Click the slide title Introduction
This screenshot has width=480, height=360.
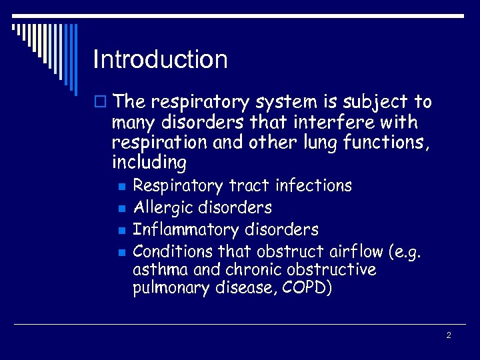[161, 60]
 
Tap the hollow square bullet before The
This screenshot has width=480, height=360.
[101, 103]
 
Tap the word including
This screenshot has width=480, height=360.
[149, 163]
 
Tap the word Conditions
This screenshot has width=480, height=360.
[171, 251]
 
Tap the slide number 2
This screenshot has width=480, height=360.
[449, 335]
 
